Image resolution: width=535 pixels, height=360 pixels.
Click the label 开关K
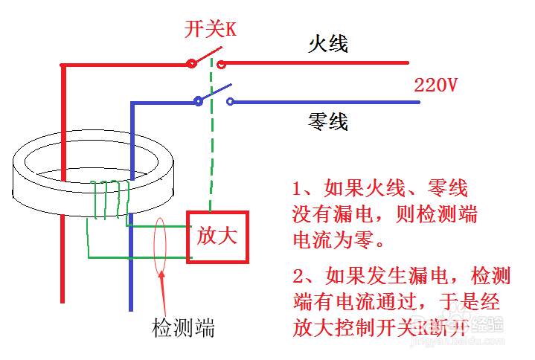(211, 30)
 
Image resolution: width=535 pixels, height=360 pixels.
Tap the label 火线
(328, 44)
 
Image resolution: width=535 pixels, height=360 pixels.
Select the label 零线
(328, 120)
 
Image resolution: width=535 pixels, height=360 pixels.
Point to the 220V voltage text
(435, 85)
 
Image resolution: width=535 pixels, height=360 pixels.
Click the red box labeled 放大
(217, 237)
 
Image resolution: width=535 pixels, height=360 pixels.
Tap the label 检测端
(184, 327)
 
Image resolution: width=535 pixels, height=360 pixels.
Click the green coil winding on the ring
(109, 199)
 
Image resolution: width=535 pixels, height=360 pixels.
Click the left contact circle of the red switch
(192, 64)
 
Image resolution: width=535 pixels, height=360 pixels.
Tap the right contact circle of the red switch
(221, 64)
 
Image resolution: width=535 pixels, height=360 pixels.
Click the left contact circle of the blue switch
(198, 102)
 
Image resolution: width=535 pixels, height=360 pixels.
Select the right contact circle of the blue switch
(231, 102)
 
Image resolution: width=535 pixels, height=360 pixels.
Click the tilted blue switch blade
(214, 92)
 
